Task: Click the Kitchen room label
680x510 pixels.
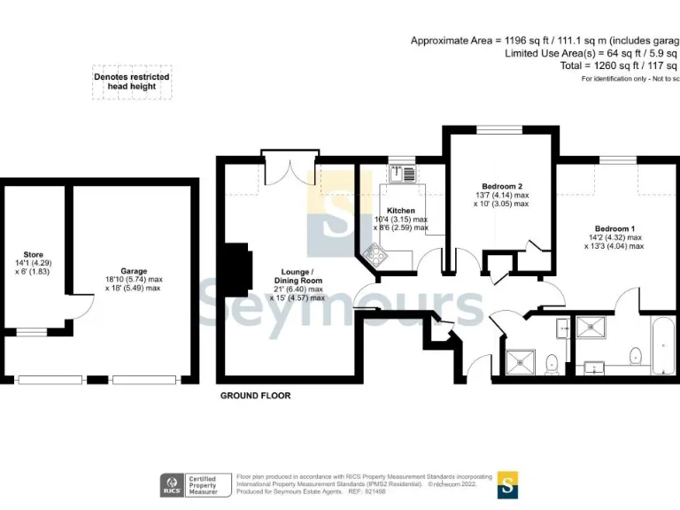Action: tap(395, 211)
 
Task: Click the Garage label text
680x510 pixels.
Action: tap(134, 271)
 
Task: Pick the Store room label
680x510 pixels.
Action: tap(33, 254)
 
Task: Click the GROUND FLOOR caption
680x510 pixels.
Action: tap(255, 396)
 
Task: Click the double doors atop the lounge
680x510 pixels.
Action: tap(290, 159)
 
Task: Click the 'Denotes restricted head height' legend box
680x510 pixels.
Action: tap(131, 82)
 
